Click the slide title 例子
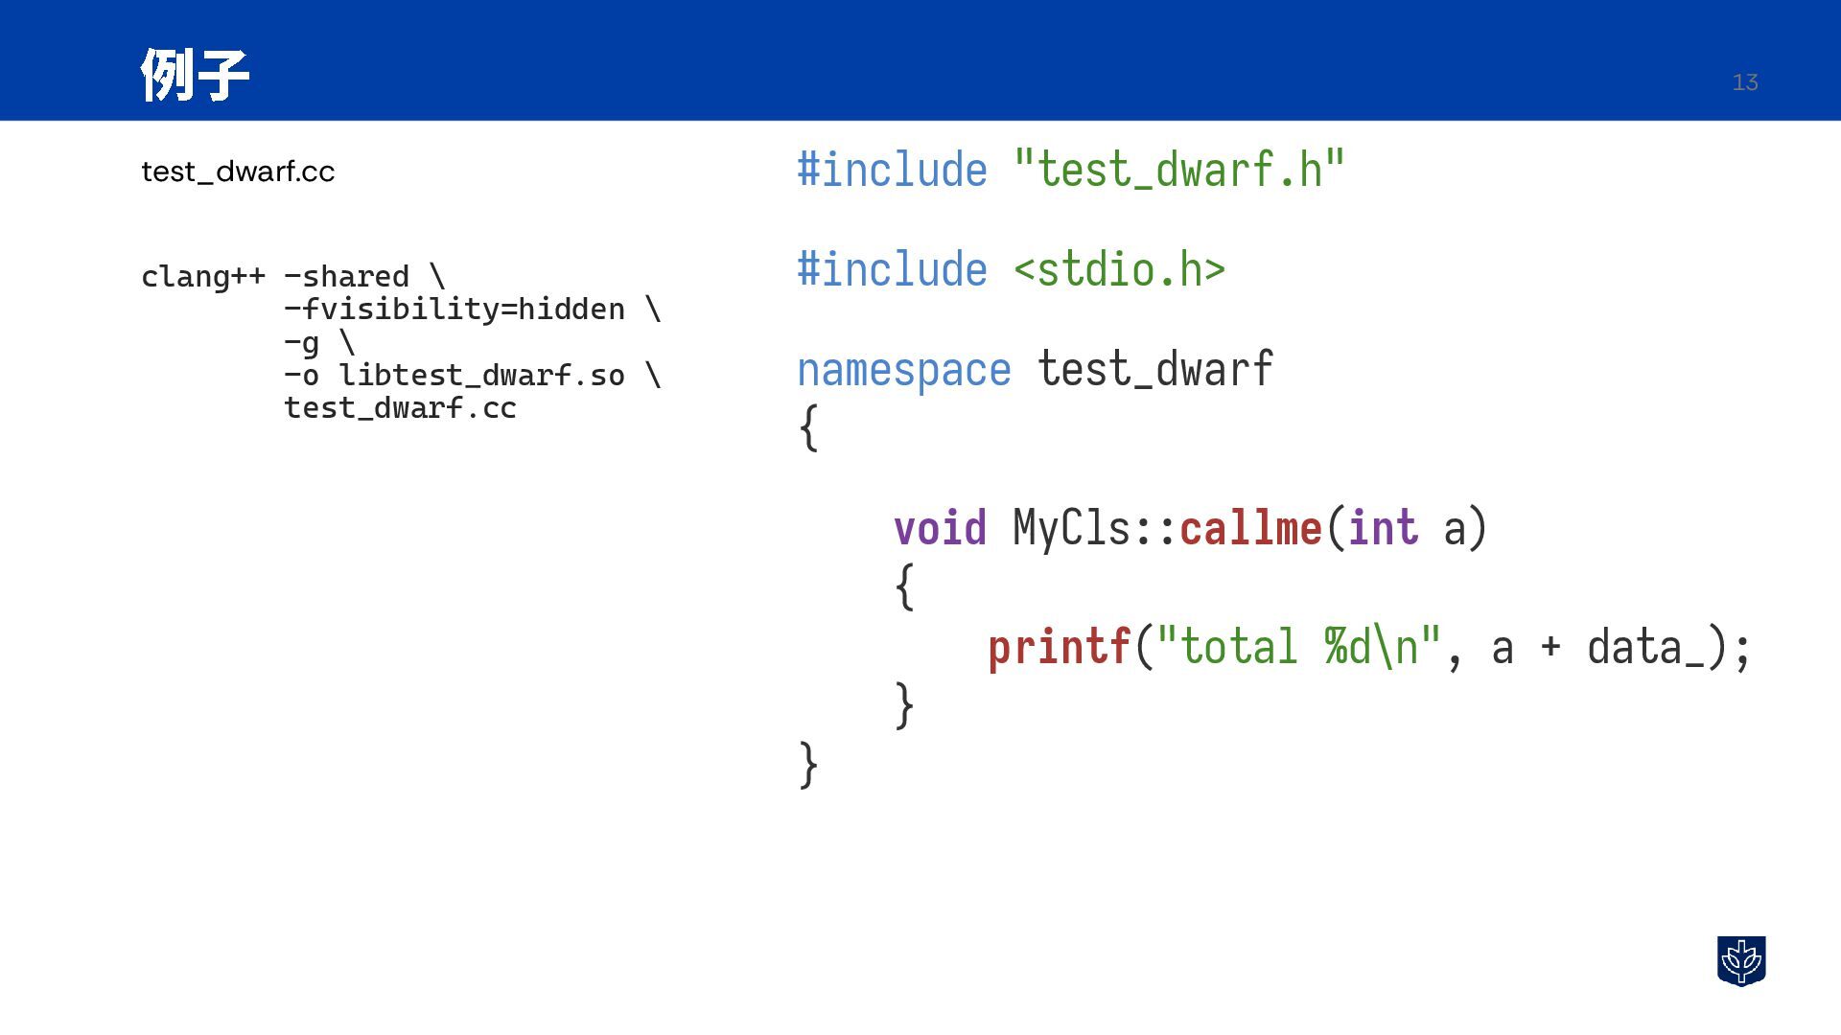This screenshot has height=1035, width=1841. click(x=195, y=75)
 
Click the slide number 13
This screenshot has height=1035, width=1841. click(x=1744, y=82)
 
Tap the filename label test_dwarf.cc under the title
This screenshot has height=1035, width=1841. click(x=238, y=172)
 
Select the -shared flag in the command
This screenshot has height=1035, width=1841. click(x=347, y=277)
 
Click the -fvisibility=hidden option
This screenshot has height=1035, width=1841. click(x=454, y=310)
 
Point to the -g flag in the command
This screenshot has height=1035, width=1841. click(x=302, y=343)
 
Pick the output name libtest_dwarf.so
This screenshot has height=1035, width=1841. click(x=481, y=375)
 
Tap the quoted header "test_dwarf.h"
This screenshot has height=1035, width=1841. click(x=1179, y=171)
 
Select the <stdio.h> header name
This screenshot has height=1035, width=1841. click(x=1119, y=270)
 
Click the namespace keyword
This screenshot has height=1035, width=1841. click(x=903, y=370)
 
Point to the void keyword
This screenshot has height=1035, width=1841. click(x=940, y=528)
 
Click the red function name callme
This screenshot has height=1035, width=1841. click(x=1250, y=528)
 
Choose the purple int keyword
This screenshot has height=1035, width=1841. click(x=1383, y=528)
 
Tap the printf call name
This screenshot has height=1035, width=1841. click(x=1059, y=648)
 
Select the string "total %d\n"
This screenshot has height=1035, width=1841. click(x=1298, y=648)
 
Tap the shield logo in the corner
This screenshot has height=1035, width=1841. click(x=1741, y=961)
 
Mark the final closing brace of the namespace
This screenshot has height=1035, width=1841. click(x=808, y=765)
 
